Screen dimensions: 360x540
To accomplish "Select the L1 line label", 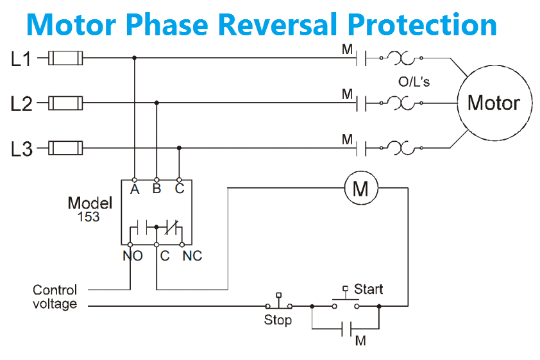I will [21, 59].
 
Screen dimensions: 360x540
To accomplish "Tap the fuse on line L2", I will [65, 103].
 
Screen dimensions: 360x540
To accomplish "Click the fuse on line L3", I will [65, 149].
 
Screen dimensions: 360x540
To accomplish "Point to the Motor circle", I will [493, 103].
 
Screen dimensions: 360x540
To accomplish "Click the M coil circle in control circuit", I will [361, 188].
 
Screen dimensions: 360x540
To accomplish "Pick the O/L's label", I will [414, 82].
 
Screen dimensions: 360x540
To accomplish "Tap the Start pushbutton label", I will [368, 289].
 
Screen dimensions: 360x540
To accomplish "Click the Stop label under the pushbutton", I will [278, 320].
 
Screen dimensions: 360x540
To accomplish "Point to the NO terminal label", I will [132, 256].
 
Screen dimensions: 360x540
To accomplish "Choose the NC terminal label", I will [192, 256].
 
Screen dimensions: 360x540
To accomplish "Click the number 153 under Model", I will [89, 217].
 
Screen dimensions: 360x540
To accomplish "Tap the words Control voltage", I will [55, 296].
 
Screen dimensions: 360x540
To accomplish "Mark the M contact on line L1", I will [362, 58].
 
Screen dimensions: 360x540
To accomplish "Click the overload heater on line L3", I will [405, 149].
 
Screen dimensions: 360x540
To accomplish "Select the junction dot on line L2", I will [156, 102].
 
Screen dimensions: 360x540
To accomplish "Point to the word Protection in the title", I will [423, 24].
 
